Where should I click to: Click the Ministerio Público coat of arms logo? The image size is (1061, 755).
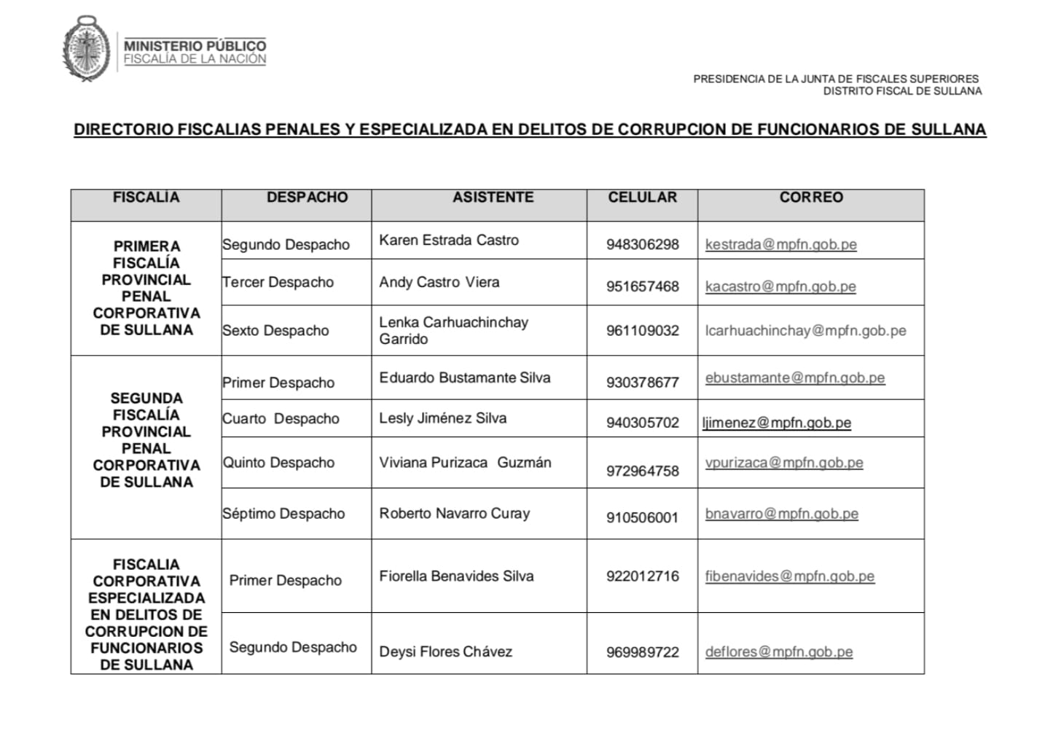point(87,49)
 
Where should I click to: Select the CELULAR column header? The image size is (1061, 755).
point(642,197)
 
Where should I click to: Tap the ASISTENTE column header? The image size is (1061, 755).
point(493,197)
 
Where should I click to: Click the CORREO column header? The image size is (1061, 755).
point(810,197)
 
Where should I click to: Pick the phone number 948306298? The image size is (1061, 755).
point(642,245)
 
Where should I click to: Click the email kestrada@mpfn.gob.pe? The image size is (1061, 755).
point(780,245)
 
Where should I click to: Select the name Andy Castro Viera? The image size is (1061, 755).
point(439,283)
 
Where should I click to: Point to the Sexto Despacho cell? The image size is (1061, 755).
point(275,331)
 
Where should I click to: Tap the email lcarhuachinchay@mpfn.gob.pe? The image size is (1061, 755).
point(805,331)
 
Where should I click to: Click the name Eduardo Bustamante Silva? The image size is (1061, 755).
point(464,378)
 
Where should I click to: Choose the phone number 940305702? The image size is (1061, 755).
point(642,423)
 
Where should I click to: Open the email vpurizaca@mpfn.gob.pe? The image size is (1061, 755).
point(784,463)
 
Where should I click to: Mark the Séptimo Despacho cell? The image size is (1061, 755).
point(283,514)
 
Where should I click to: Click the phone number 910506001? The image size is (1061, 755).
point(642,518)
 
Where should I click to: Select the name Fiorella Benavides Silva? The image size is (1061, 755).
point(456,576)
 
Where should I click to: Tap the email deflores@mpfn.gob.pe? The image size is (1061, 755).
point(778,652)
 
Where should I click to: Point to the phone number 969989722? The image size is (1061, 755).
point(642,652)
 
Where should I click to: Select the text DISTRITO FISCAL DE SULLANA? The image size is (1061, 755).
point(902,91)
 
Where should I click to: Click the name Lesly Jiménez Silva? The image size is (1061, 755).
point(442,418)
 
